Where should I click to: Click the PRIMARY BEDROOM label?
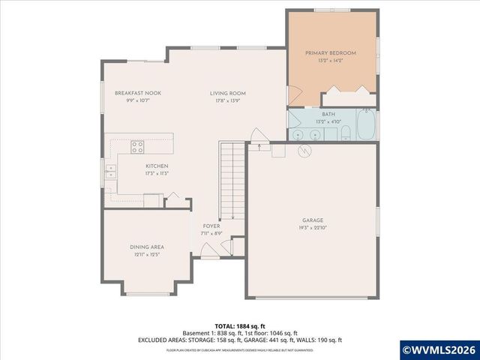(330, 53)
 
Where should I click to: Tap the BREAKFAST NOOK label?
(138, 93)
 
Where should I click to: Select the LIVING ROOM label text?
(227, 93)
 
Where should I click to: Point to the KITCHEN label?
(157, 166)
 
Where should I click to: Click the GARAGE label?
(313, 220)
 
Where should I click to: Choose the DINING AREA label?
(147, 247)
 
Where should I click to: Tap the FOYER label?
(211, 225)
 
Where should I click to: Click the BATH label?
(328, 113)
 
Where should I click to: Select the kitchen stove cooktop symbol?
(138, 147)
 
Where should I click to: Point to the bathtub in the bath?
(367, 125)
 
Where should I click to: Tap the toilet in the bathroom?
(346, 133)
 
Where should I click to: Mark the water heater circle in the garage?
(304, 151)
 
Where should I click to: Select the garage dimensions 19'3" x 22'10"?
(313, 227)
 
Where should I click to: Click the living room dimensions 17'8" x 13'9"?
(227, 100)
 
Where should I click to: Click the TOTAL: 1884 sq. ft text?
(240, 326)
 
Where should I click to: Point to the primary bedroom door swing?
(295, 95)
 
